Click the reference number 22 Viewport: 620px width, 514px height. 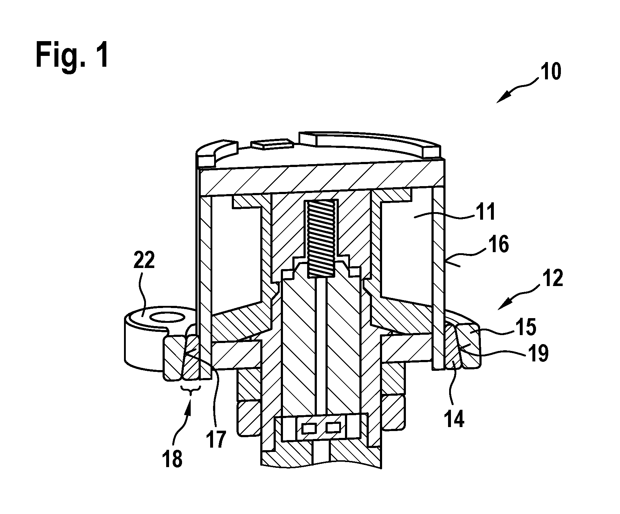tap(144, 260)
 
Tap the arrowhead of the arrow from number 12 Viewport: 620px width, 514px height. tap(502, 305)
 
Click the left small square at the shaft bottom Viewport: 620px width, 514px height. tap(309, 428)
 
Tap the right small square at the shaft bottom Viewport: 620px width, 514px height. tap(333, 428)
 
